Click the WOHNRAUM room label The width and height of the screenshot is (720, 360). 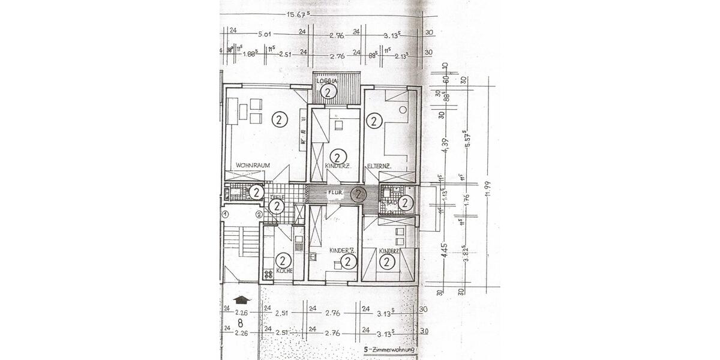click(x=252, y=165)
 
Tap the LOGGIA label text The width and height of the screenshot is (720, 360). click(x=328, y=80)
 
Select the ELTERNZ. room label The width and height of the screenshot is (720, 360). click(x=380, y=165)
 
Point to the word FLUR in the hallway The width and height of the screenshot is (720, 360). click(x=335, y=193)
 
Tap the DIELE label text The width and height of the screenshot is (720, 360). click(x=277, y=197)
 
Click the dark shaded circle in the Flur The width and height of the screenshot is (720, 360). click(x=358, y=194)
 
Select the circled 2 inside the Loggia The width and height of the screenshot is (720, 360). click(x=328, y=91)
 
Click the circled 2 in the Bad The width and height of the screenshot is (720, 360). click(x=406, y=203)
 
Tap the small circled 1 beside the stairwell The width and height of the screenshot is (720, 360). click(x=224, y=214)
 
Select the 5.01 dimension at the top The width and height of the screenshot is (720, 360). click(x=264, y=34)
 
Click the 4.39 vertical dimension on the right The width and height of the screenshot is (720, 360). click(x=445, y=146)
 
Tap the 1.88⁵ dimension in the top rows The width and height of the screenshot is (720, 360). click(x=250, y=53)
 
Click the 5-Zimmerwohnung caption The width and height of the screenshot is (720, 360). click(x=389, y=349)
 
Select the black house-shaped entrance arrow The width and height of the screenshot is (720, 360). click(x=240, y=299)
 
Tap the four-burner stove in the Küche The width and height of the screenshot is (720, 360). click(x=268, y=274)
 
